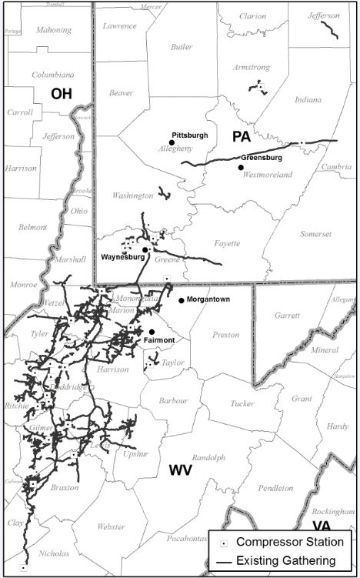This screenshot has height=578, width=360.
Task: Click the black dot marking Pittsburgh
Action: pyautogui.click(x=171, y=142)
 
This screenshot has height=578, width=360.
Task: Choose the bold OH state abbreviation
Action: pyautogui.click(x=62, y=94)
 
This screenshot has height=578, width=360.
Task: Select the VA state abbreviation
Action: pyautogui.click(x=321, y=526)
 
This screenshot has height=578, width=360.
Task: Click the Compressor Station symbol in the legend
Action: pyautogui.click(x=222, y=543)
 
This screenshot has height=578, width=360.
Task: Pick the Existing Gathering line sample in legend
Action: pyautogui.click(x=222, y=561)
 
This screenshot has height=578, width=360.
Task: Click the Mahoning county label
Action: pyautogui.click(x=53, y=30)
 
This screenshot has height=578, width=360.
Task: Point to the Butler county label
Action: pyautogui.click(x=182, y=47)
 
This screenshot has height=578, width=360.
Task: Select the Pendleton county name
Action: pyautogui.click(x=275, y=488)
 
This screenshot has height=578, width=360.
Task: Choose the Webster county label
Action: pyautogui.click(x=110, y=526)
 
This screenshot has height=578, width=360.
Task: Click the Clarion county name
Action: pyautogui.click(x=252, y=15)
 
